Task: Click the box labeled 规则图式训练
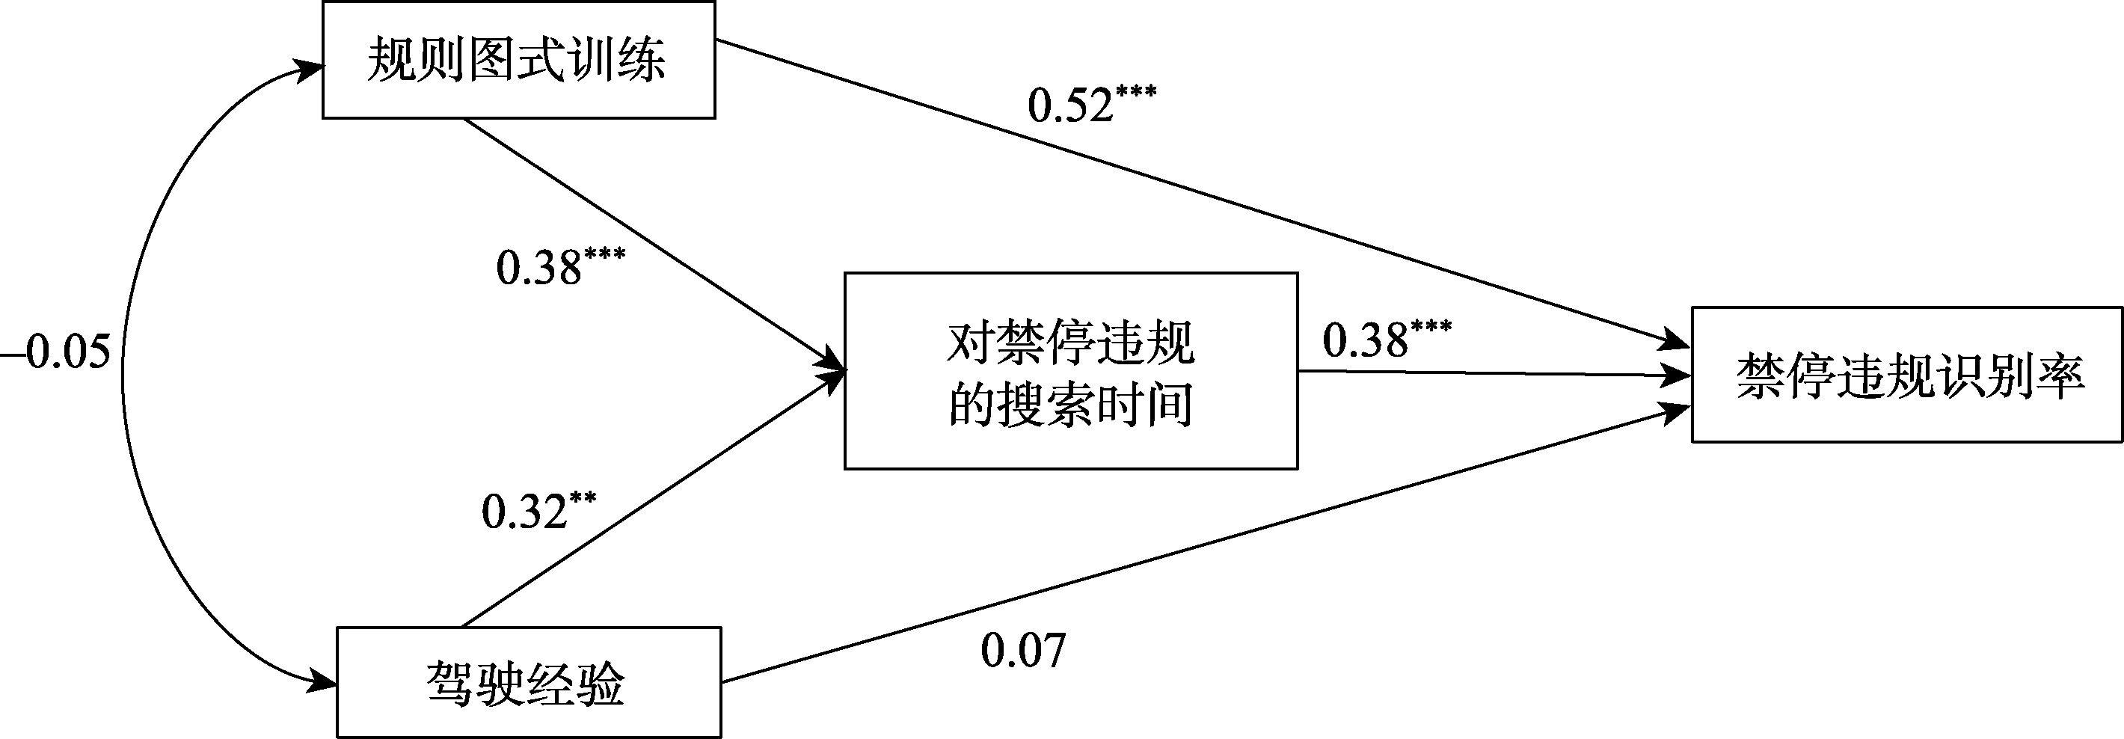click(x=518, y=60)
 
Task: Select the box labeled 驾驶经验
click(x=529, y=683)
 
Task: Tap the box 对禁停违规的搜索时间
click(x=1070, y=371)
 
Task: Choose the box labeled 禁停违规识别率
click(x=1906, y=375)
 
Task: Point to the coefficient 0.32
click(x=525, y=511)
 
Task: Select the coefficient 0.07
click(x=1022, y=650)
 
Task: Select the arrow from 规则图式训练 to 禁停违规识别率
click(x=1196, y=193)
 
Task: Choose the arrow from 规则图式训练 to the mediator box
click(x=651, y=244)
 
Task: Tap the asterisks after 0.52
click(x=1135, y=91)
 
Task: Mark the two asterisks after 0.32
click(x=582, y=498)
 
